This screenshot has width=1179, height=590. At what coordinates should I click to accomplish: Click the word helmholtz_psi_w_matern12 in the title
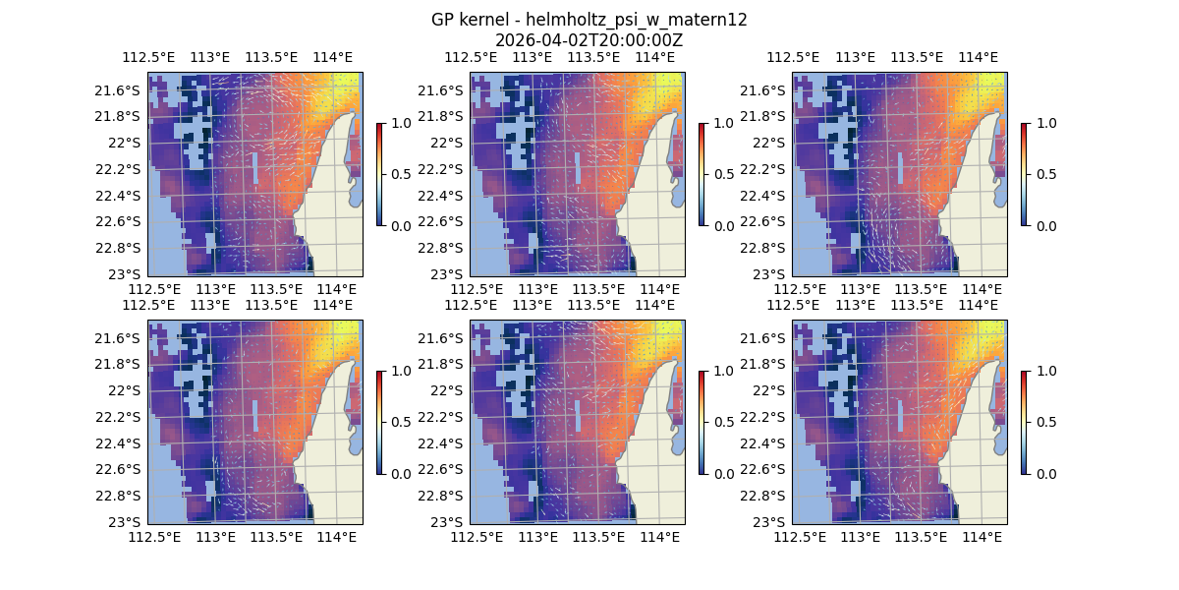click(x=639, y=20)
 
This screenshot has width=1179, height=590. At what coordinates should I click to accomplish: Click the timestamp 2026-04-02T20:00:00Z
click(x=589, y=40)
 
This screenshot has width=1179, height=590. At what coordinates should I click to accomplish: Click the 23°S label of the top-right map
click(x=771, y=273)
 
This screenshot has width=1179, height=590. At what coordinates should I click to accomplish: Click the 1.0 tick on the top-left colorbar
click(x=400, y=123)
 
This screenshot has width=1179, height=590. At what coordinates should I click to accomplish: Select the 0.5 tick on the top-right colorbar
click(x=1044, y=174)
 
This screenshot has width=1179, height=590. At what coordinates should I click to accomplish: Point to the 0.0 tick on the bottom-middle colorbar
click(x=722, y=473)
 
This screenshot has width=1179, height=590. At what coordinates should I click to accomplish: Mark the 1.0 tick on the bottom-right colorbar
click(x=1044, y=371)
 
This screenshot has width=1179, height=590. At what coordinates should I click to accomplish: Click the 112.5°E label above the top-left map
click(x=141, y=57)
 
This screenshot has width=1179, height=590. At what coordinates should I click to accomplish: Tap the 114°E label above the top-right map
click(x=978, y=57)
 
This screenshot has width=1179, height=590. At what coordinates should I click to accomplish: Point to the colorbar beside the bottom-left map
click(x=379, y=422)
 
